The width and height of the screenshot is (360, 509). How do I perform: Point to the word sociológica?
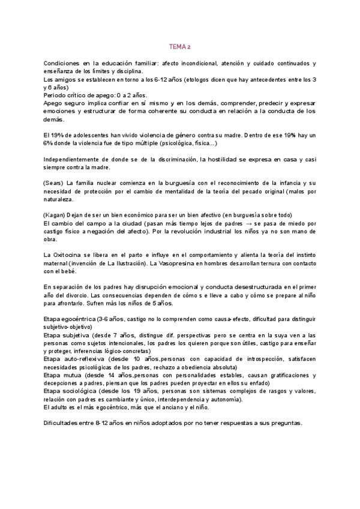tap(80, 391)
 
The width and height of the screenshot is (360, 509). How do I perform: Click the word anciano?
tap(178, 407)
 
